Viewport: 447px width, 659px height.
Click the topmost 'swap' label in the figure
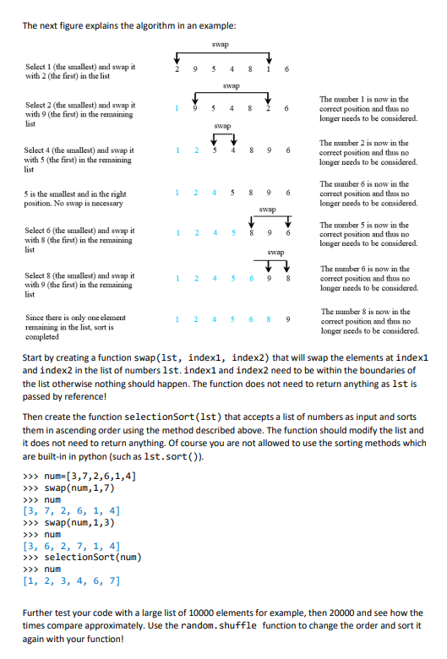(x=222, y=44)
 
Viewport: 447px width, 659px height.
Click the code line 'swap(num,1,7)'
(x=74, y=487)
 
